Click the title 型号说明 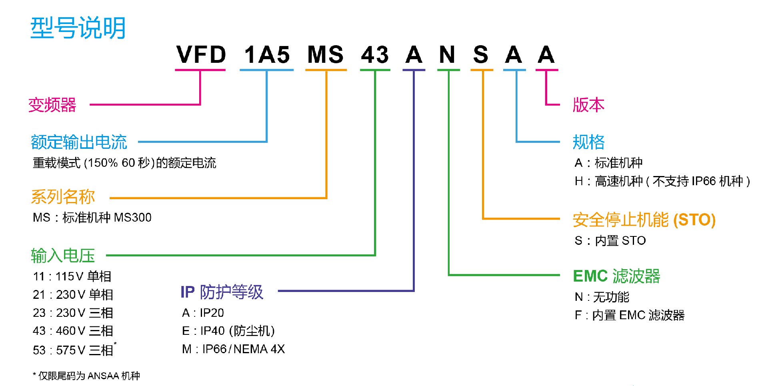point(78,28)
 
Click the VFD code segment point(201,55)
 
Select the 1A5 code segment point(267,55)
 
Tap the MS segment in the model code point(326,55)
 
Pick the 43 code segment point(375,55)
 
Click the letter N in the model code point(447,55)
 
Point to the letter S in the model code point(481,55)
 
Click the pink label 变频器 point(52,105)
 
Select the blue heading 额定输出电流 point(79,142)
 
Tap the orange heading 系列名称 point(63,196)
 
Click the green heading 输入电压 point(63,256)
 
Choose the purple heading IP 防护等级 point(222,292)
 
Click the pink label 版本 point(588,105)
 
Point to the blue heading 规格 point(588,142)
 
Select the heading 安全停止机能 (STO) point(644,220)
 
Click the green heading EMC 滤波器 point(616,276)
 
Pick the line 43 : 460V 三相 point(73,331)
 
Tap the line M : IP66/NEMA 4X point(233,349)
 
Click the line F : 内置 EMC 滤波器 point(630,315)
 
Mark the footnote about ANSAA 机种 point(86,376)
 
